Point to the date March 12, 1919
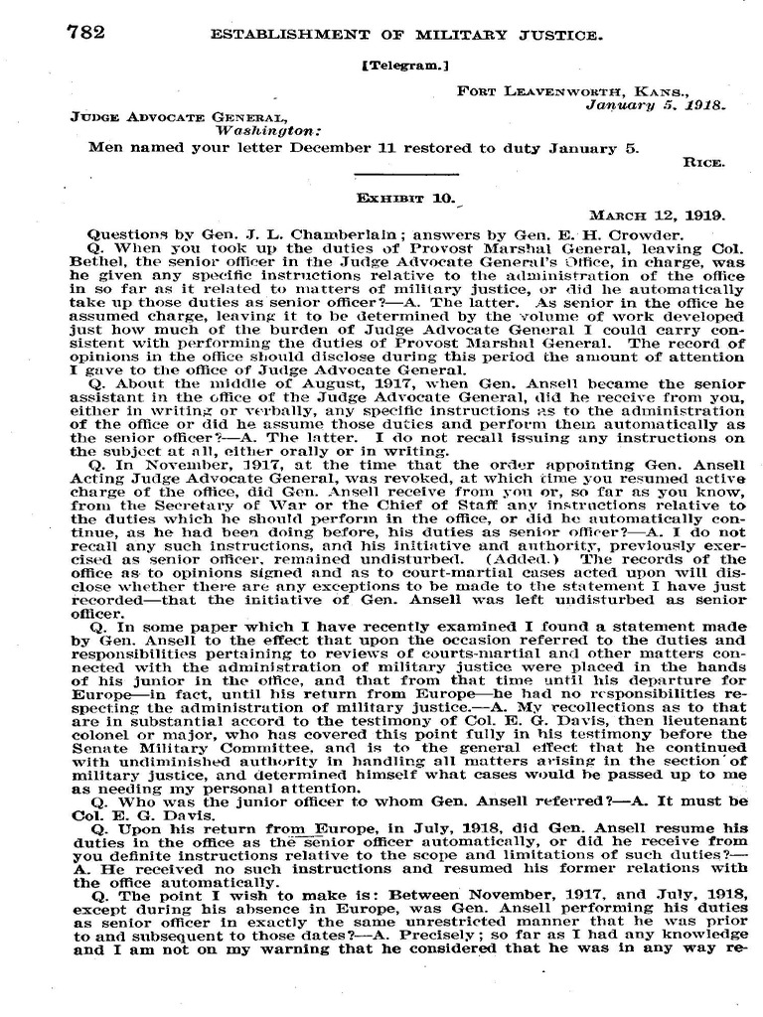[x=659, y=214]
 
